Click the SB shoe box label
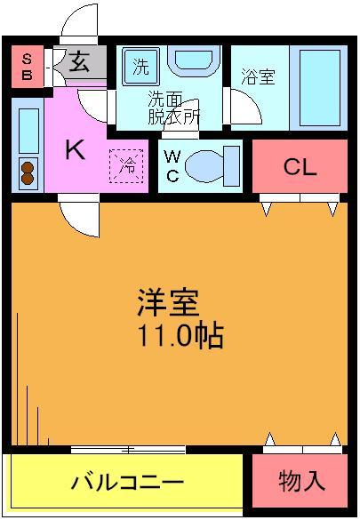click(27, 67)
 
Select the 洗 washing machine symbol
click(141, 65)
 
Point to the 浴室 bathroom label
click(259, 76)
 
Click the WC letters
click(173, 165)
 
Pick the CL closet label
click(300, 166)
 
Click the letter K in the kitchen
click(75, 150)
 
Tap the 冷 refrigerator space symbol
click(128, 164)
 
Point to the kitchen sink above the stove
click(28, 129)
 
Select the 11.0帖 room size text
click(178, 336)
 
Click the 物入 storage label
click(301, 483)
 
